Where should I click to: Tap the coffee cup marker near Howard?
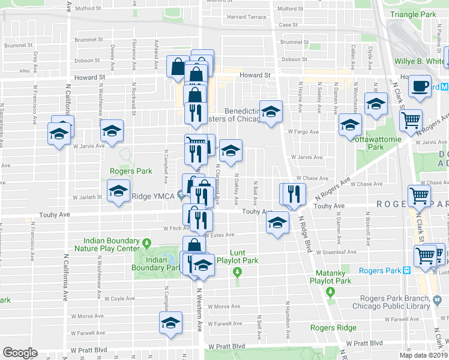coord(420,86)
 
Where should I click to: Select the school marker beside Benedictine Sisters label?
coord(271,112)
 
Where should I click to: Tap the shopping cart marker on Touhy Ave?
coord(419,196)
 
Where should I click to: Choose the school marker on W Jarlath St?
coord(119,192)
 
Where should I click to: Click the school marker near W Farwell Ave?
coord(171,323)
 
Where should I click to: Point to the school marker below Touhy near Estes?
coord(276,224)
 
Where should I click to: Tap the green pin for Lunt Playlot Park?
coord(238,273)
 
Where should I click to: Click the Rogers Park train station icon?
coord(406,271)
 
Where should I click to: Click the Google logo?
coord(20,353)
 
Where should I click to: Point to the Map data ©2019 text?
coord(424,356)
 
